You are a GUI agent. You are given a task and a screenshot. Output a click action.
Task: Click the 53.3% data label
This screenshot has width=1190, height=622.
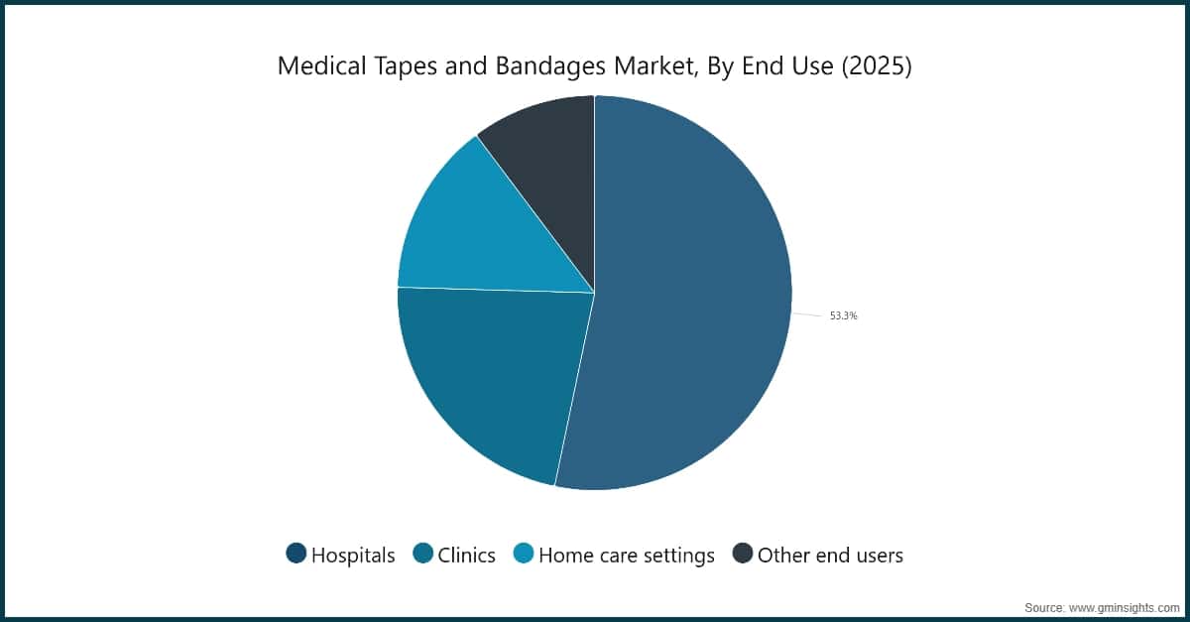[x=843, y=316]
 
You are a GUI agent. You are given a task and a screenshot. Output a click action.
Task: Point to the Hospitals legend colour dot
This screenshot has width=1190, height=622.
[x=296, y=555]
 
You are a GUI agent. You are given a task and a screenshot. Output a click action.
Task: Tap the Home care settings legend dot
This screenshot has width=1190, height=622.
[x=524, y=555]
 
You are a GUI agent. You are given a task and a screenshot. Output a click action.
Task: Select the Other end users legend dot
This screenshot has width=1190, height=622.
[x=743, y=555]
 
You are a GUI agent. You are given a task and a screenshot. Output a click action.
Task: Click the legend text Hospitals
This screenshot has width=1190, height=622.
[x=353, y=556]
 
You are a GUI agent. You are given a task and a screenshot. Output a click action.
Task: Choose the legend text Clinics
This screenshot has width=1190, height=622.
[x=467, y=556]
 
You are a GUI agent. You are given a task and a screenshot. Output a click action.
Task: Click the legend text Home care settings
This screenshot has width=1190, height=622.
[x=627, y=556]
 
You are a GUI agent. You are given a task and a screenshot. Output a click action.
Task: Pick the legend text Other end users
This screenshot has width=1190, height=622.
[x=830, y=556]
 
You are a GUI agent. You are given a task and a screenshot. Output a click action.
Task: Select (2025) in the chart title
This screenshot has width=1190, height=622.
[x=876, y=66]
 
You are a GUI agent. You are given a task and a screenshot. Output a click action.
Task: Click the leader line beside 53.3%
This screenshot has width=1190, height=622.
[x=807, y=315]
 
